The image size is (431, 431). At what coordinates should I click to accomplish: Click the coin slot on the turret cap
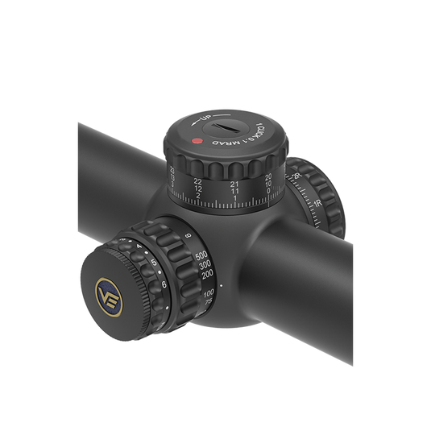click(232, 126)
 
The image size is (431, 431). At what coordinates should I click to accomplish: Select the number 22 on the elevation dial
click(198, 182)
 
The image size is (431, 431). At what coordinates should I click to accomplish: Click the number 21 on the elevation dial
click(234, 185)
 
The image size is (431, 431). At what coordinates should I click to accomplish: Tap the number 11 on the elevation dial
click(234, 194)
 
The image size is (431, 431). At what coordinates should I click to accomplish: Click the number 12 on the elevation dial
click(198, 191)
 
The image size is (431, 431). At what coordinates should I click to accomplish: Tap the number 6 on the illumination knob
click(164, 284)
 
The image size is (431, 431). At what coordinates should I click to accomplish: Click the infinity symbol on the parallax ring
click(188, 235)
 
